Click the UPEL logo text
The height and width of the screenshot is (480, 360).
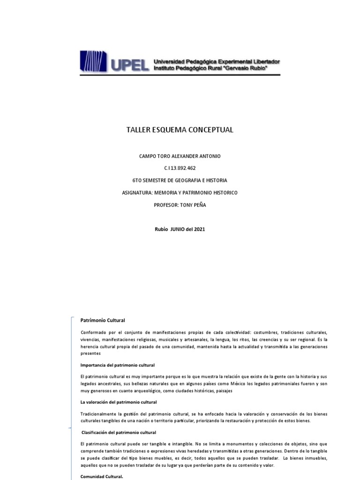coord(131,65)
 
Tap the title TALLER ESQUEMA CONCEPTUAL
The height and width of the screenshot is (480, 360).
coord(180,130)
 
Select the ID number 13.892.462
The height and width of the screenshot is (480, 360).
coord(184,168)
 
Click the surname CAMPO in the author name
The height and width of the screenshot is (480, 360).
coord(148,156)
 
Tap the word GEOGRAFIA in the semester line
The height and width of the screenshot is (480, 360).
coord(192,180)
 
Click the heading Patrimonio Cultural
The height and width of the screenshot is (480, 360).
coord(103,321)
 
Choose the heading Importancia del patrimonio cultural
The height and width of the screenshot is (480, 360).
coord(118,365)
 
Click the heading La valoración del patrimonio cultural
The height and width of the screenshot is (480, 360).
coord(119,402)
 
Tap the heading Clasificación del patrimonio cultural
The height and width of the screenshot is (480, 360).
coord(119,432)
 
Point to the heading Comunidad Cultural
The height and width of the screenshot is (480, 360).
coord(102,477)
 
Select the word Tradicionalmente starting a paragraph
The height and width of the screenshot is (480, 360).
coord(99,413)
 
